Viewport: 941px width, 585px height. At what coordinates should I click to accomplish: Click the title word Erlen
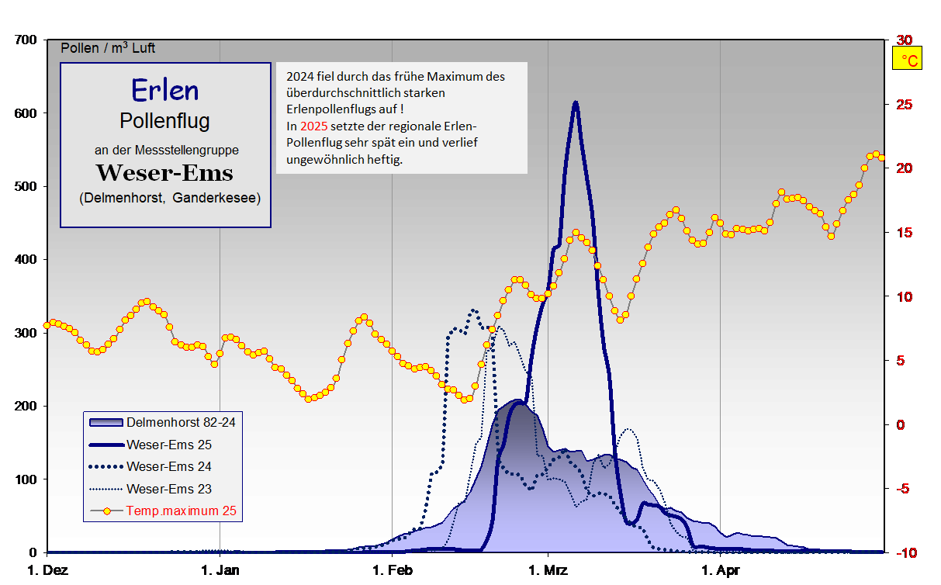click(x=164, y=90)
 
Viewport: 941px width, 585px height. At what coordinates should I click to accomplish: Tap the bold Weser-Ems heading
click(x=164, y=171)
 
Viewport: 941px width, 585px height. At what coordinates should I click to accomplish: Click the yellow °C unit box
click(x=908, y=59)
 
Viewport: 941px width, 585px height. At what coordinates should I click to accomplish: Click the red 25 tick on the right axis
click(x=904, y=104)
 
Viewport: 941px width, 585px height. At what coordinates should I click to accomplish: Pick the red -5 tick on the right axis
click(x=904, y=489)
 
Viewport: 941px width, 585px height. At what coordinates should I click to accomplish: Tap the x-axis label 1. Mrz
click(x=548, y=572)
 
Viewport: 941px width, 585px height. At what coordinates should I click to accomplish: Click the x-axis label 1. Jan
click(x=220, y=572)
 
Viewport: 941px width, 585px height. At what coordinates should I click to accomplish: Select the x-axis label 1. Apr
click(x=721, y=572)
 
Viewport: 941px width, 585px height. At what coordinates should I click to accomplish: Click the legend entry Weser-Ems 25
click(x=168, y=445)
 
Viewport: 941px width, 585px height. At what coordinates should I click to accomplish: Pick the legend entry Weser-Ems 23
click(x=168, y=489)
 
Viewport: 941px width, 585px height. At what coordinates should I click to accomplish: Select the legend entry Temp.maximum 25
click(x=180, y=511)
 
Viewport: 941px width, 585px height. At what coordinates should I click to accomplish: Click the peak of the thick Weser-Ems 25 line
click(x=575, y=102)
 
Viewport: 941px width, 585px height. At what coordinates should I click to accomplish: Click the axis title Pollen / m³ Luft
click(x=108, y=48)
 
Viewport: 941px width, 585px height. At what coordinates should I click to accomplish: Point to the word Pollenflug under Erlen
click(x=164, y=121)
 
